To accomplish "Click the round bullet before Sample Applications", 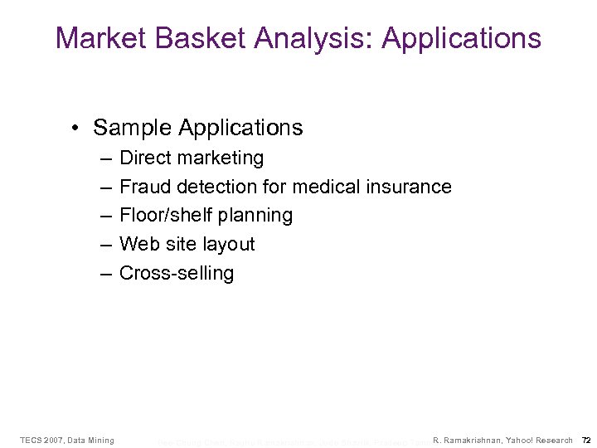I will click(x=75, y=129).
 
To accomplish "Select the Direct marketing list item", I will click(x=192, y=158).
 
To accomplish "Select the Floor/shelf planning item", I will click(x=206, y=216).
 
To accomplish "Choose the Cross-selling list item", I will click(x=177, y=273).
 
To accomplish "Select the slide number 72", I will click(x=585, y=440).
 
